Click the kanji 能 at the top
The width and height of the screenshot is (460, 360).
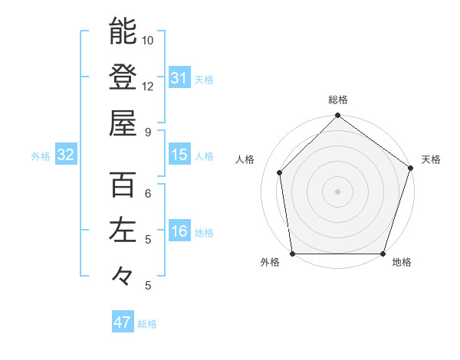click(123, 31)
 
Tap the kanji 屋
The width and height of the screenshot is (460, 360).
click(123, 122)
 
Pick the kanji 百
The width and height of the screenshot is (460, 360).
click(123, 185)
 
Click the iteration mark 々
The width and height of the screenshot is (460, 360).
click(123, 274)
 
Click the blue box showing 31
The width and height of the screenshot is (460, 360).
click(179, 78)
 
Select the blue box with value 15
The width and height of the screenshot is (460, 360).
click(179, 155)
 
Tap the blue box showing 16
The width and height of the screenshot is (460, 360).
click(179, 231)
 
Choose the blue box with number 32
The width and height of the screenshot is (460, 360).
click(65, 155)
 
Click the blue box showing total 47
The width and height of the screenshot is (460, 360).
click(123, 322)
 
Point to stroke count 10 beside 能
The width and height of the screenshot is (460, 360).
click(148, 40)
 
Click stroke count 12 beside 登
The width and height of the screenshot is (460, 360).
click(148, 86)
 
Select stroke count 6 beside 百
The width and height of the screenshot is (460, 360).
click(148, 193)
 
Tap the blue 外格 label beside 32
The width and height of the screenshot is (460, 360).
click(41, 156)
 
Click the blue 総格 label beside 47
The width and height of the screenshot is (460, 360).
click(147, 324)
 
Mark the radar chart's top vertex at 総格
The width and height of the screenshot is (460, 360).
click(337, 116)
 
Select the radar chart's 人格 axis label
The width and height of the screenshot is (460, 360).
click(245, 159)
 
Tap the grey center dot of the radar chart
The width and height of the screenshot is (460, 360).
click(337, 191)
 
